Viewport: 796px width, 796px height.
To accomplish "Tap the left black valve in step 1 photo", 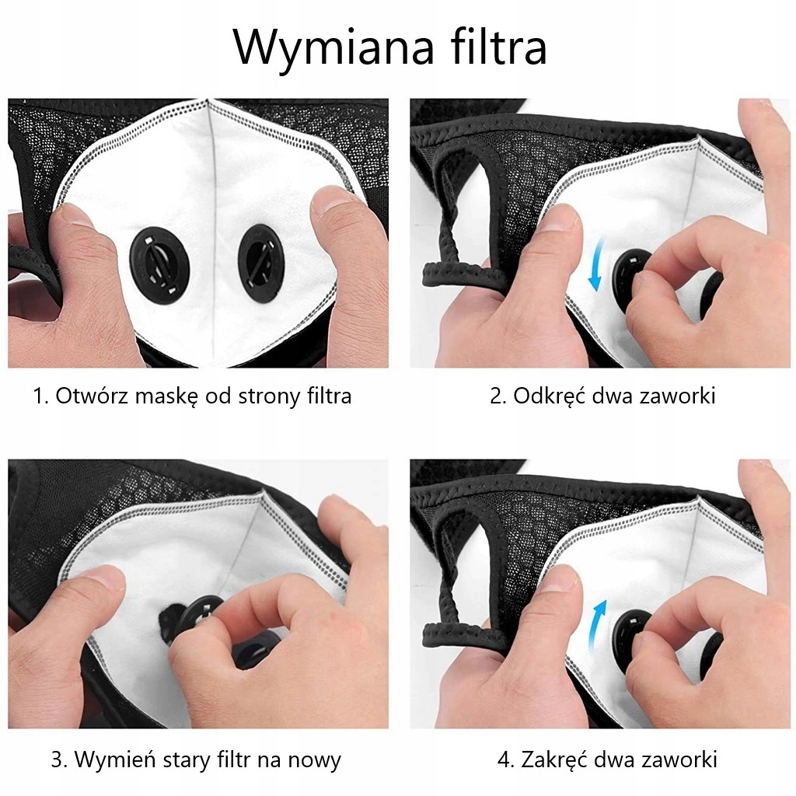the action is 159,264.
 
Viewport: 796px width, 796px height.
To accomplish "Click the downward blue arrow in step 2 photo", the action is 596,264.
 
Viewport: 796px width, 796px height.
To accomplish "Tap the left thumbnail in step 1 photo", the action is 74,216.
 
